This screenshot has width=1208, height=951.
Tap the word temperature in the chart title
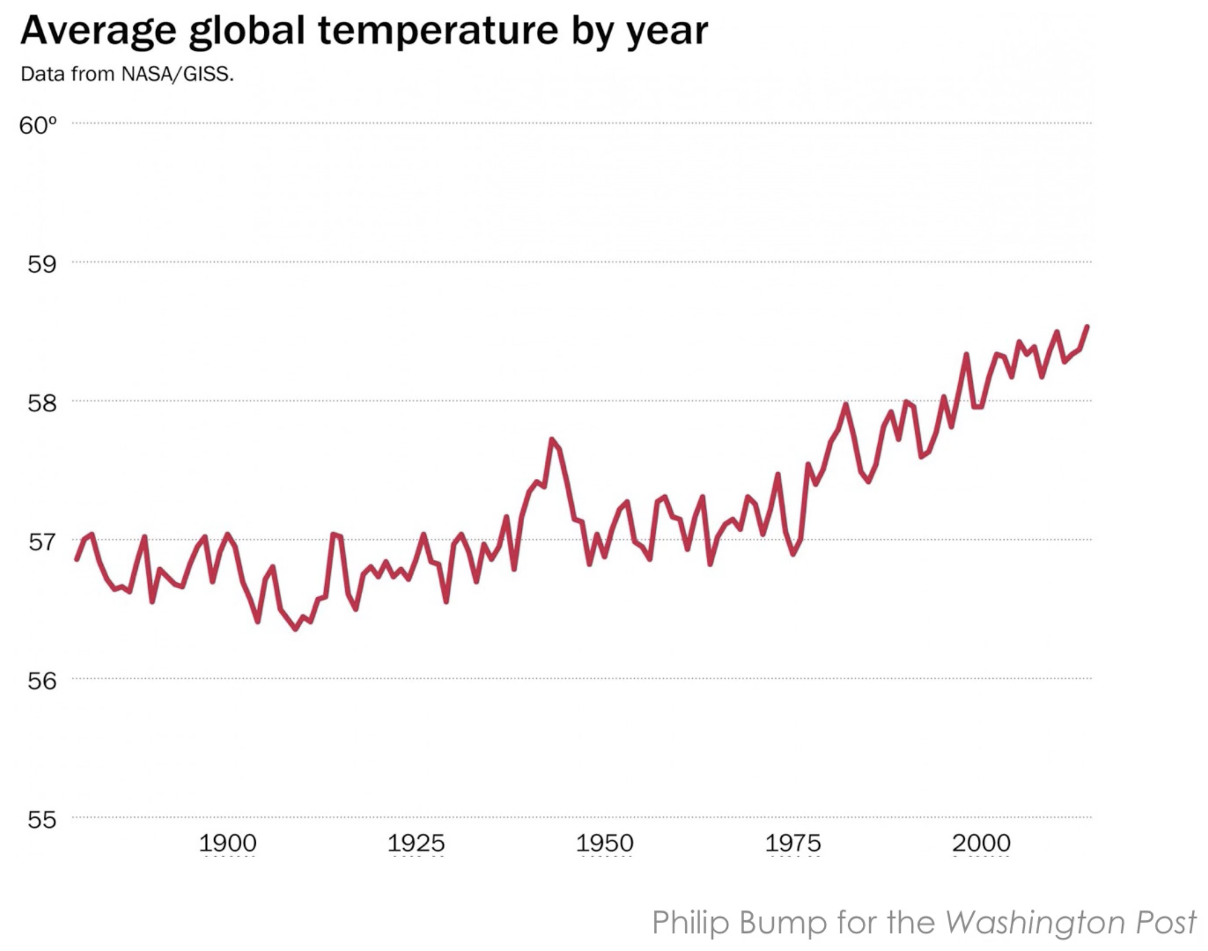point(438,31)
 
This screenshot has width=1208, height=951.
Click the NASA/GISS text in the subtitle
point(178,74)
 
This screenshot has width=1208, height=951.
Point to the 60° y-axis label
point(38,125)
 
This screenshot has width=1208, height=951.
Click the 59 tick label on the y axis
point(42,264)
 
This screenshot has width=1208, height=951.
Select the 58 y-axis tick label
point(42,403)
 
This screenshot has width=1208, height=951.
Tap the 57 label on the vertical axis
point(42,541)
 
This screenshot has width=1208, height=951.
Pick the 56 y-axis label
point(42,680)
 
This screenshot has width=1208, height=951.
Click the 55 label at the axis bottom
point(42,819)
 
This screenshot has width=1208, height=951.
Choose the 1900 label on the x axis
point(228,843)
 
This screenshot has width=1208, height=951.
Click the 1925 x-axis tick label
point(416,843)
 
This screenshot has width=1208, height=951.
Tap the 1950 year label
point(605,843)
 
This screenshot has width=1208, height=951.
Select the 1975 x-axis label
point(793,843)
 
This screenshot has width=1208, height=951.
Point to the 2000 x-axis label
point(981,843)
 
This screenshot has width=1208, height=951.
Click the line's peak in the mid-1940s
point(551,440)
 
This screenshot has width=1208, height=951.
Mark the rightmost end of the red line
point(1087,326)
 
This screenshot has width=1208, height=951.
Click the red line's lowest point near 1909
point(296,629)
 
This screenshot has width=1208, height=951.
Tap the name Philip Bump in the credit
point(739,922)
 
